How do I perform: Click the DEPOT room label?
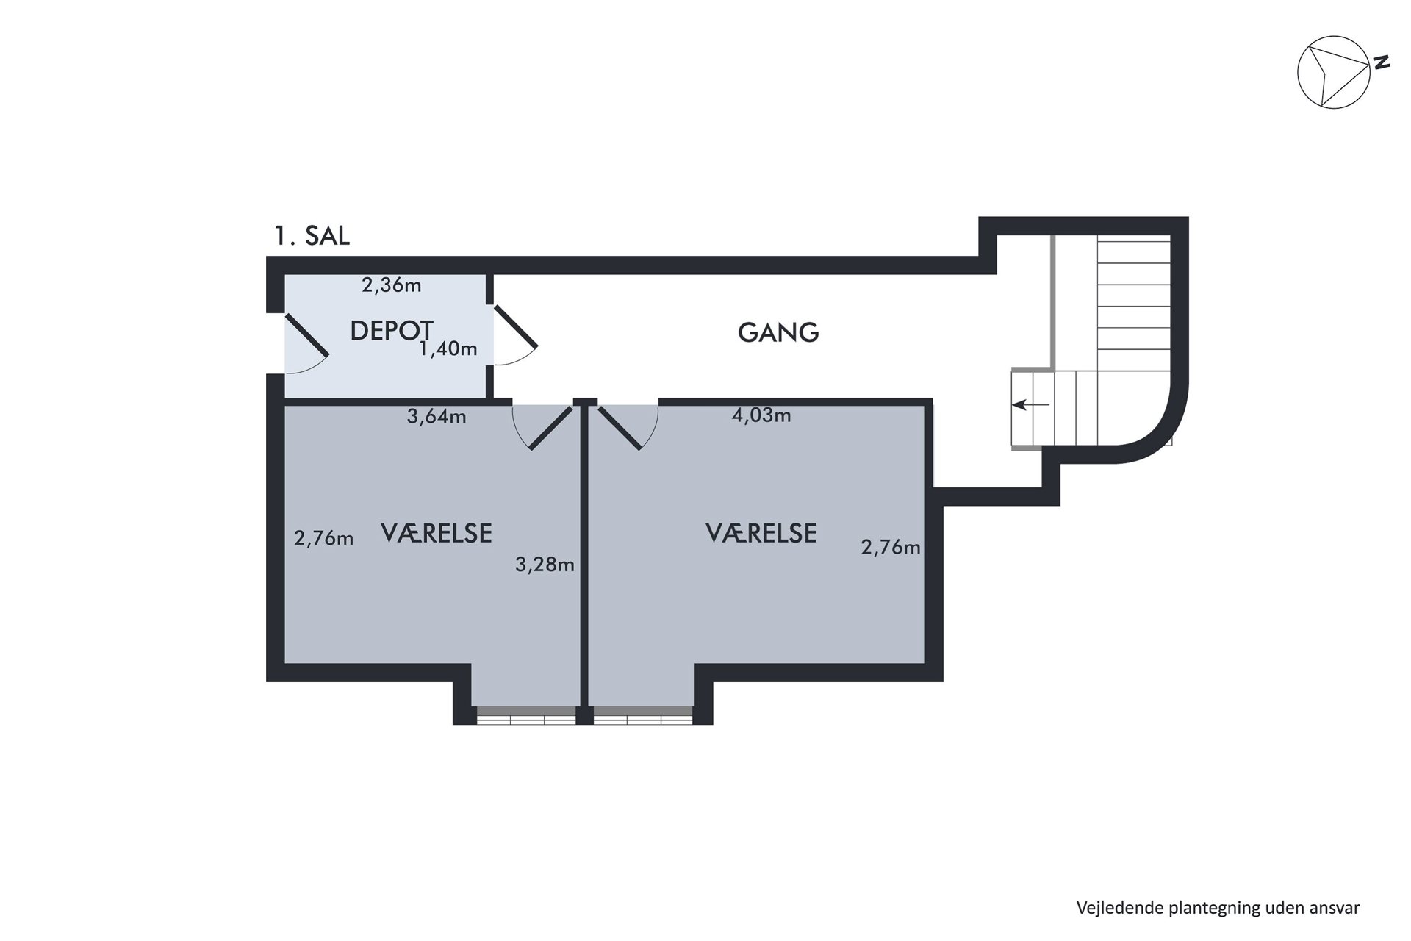[392, 331]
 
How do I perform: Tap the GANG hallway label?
[778, 333]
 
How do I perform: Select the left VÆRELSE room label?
[437, 533]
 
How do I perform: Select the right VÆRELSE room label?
[761, 533]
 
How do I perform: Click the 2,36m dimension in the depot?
[392, 285]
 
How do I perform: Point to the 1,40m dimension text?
[448, 348]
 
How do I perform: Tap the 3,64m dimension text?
[437, 417]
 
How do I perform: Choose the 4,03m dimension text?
[761, 415]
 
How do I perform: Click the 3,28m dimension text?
[545, 565]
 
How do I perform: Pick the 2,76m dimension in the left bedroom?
[323, 539]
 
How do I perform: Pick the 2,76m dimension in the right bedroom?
[891, 548]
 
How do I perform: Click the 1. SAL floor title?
[312, 236]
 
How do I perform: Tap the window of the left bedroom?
[525, 715]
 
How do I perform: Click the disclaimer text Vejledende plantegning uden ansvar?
[1218, 909]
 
